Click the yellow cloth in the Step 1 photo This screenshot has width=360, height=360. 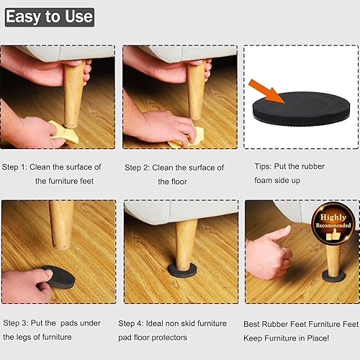(60, 129)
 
